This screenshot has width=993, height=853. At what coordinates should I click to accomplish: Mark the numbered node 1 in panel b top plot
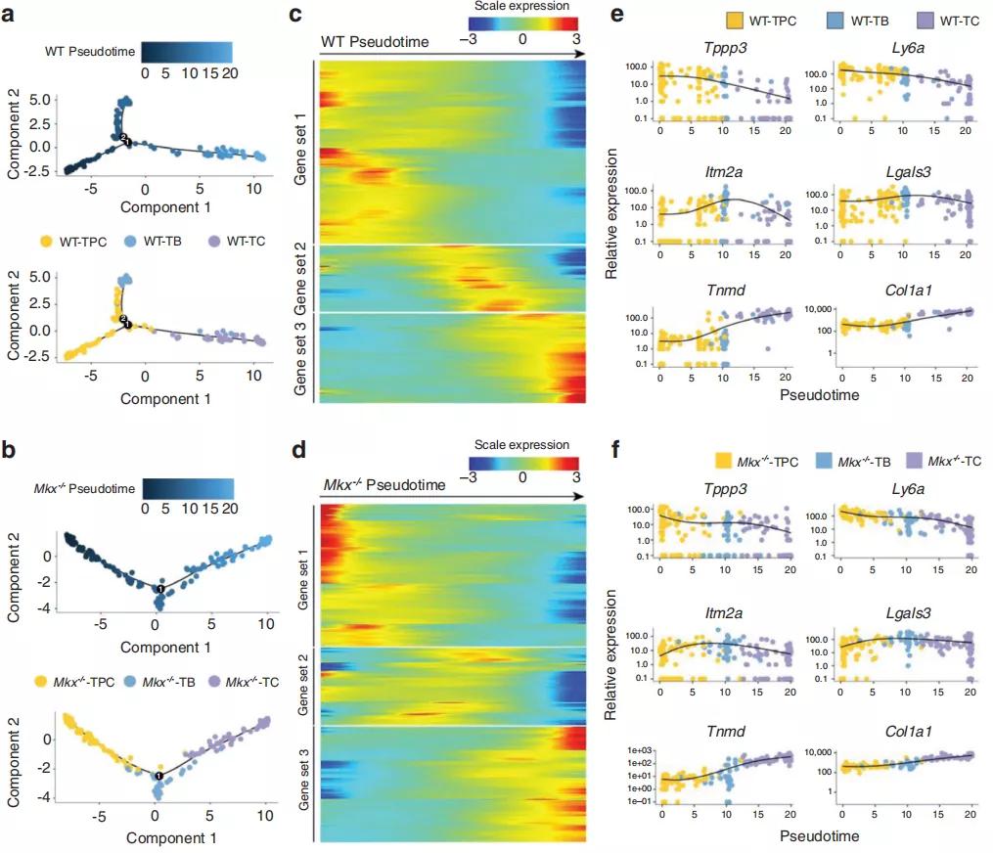(x=160, y=589)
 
